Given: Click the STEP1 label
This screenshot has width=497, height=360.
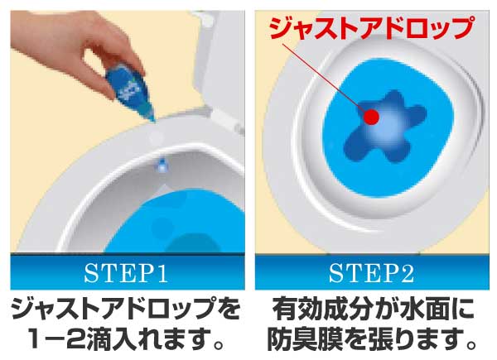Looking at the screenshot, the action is tap(126, 274).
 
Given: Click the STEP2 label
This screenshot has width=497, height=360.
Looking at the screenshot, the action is tap(371, 274).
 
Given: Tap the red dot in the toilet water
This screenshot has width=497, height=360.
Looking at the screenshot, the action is tap(371, 117).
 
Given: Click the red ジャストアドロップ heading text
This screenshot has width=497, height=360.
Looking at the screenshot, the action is tap(371, 27).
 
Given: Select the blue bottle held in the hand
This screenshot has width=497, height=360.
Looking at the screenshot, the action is tap(131, 89).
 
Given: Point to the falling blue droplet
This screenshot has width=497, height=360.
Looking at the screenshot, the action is tap(162, 165).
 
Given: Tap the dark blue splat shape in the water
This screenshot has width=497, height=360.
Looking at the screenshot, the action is tap(384, 127).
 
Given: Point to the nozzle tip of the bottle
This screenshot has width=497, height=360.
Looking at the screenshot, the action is tap(153, 120).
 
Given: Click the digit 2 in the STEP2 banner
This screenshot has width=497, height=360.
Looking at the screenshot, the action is tap(408, 274).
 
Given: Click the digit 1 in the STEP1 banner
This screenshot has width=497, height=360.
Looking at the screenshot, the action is tap(162, 274).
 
